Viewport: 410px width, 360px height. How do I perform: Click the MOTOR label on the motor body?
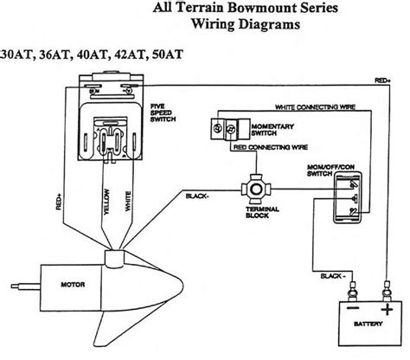click(73, 285)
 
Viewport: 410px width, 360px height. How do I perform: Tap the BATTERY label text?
click(368, 324)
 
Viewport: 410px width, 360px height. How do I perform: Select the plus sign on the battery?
click(387, 310)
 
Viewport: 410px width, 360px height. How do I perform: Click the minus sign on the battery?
click(353, 308)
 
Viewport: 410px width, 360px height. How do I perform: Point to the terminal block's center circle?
click(256, 190)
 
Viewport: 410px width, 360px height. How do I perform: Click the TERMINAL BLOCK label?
click(262, 212)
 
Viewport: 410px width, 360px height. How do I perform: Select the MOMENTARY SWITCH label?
click(272, 130)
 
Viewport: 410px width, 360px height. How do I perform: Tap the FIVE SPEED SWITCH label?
click(163, 112)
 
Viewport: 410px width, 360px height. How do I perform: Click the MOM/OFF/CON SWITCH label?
click(330, 170)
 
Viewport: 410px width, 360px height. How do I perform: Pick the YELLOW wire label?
click(106, 202)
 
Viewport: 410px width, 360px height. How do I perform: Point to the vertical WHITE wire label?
click(128, 202)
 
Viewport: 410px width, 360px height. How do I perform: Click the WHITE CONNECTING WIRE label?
click(315, 107)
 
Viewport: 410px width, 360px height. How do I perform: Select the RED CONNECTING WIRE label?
click(271, 147)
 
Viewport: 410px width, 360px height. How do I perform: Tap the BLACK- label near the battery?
click(333, 276)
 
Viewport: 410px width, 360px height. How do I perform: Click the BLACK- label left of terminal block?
click(197, 196)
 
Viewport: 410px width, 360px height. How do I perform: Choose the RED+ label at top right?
click(382, 80)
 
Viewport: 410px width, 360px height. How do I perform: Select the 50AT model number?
click(168, 55)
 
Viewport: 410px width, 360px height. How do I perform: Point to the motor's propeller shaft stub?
click(25, 286)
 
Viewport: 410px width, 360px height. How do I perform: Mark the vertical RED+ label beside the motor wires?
click(59, 202)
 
